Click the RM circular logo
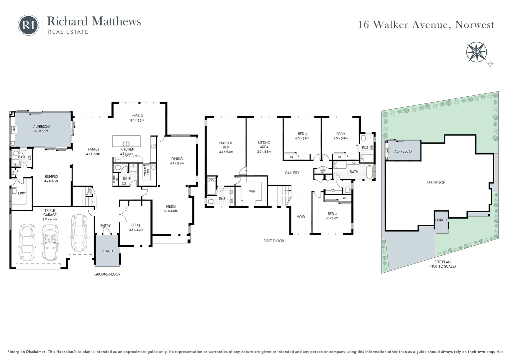tap(28, 25)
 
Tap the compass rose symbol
tap(476, 52)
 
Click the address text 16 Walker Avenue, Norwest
tap(426, 25)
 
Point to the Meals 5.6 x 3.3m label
tap(138, 118)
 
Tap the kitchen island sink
tap(126, 144)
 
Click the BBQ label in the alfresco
tap(14, 130)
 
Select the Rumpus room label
tap(51, 179)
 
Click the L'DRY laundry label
tap(22, 193)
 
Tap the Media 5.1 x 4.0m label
tap(171, 208)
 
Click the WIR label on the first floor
tap(252, 191)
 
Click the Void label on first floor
tap(301, 217)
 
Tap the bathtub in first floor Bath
tap(370, 172)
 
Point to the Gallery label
tap(292, 173)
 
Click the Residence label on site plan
tap(435, 183)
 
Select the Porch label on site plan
tap(441, 220)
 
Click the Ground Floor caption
tap(107, 274)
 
